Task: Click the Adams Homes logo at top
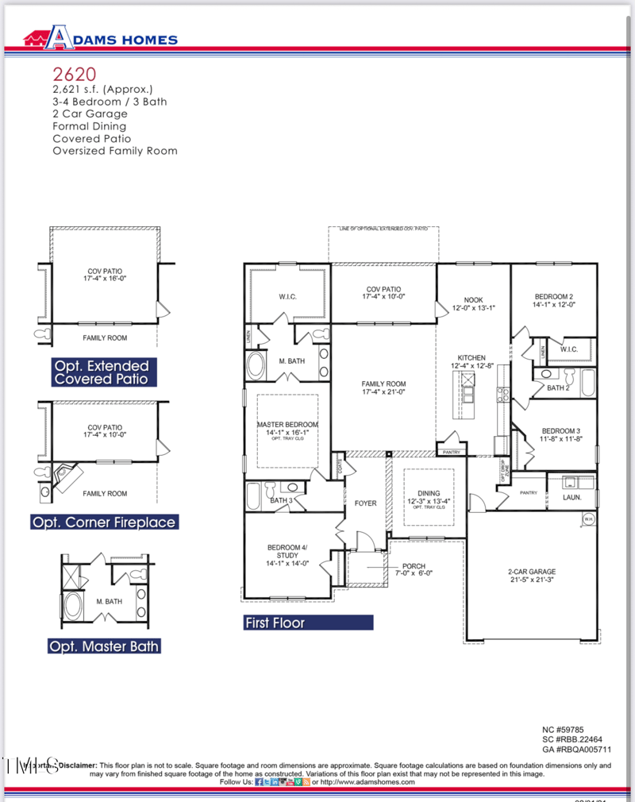pos(99,37)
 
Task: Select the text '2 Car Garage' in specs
pos(89,114)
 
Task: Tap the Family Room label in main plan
pos(383,388)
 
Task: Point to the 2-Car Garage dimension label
pos(532,576)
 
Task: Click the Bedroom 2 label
pos(554,299)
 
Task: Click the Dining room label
pos(428,497)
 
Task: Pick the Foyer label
pos(365,503)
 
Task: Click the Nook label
pos(468,303)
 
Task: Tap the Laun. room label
pos(571,497)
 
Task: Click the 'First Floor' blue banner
pos(308,623)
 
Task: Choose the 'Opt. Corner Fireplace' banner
pos(104,522)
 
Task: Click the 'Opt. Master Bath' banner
pos(104,646)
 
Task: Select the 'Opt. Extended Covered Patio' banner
pos(101,372)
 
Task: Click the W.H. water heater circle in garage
pos(588,519)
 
